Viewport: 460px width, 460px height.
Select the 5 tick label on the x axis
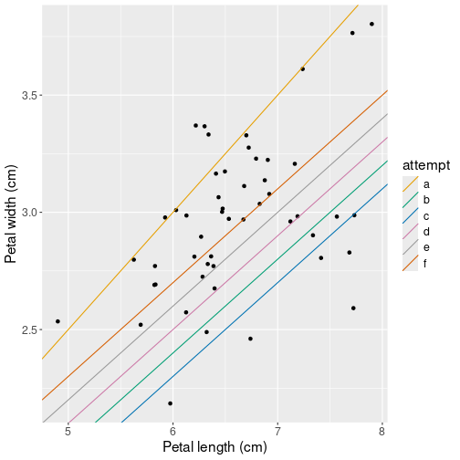68,434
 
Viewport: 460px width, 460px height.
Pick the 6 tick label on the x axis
172,434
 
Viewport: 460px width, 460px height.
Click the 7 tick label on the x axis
277,434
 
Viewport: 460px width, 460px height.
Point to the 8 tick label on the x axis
382,434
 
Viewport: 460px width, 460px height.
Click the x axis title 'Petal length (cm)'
214,448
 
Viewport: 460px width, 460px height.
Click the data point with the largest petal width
371,24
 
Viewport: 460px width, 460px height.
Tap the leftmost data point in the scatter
57,321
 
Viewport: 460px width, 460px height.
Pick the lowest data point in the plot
170,403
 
